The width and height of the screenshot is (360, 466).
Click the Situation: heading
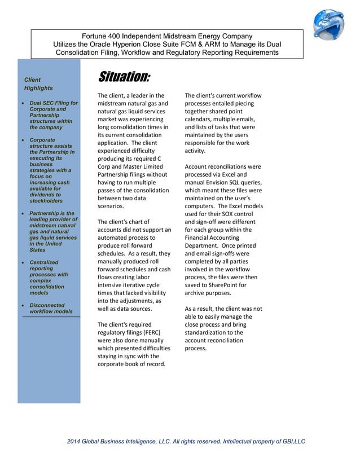(124, 77)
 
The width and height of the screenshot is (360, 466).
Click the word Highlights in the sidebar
(38, 88)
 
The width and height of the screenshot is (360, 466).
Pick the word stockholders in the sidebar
(47, 201)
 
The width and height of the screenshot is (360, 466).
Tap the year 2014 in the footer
(74, 441)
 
